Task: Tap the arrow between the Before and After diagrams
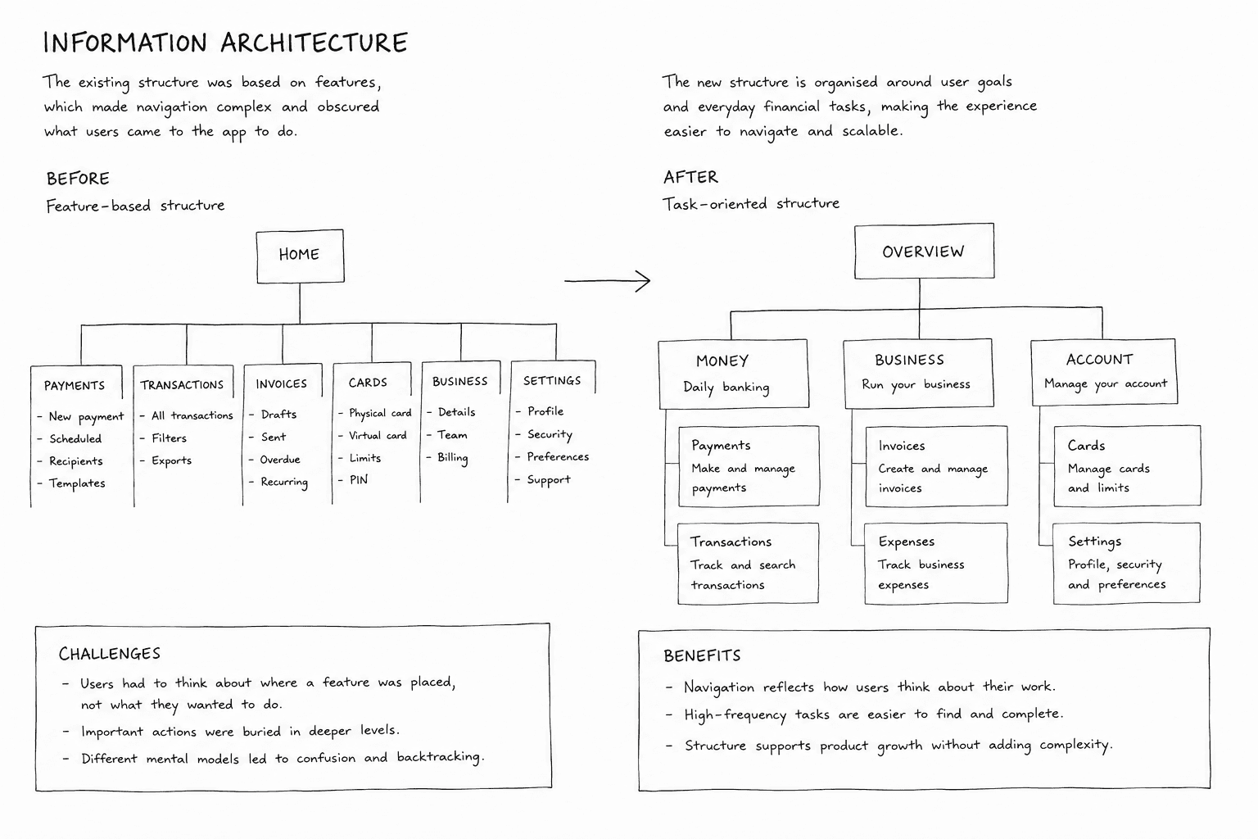607,280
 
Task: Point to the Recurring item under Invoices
284,482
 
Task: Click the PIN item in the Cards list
358,480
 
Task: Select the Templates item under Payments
77,483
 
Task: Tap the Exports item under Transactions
171,460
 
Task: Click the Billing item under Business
453,458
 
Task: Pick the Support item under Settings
549,480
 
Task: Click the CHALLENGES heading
110,654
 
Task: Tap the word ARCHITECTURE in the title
314,43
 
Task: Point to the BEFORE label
78,179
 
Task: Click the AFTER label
690,178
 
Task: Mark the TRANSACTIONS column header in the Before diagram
182,385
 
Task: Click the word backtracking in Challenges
439,758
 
